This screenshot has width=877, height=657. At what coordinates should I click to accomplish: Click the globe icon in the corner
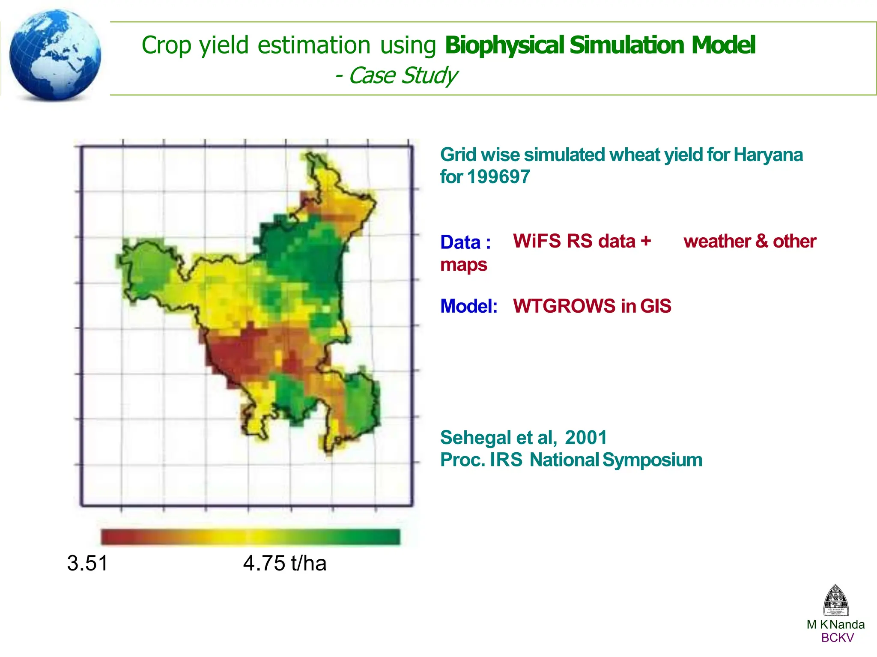55,55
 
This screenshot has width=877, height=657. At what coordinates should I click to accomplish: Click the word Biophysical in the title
504,45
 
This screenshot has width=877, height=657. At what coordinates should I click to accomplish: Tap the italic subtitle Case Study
403,76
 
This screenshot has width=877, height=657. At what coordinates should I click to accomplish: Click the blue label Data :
465,242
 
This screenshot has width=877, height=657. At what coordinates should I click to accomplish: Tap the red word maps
463,265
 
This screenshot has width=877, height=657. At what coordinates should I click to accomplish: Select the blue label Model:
468,306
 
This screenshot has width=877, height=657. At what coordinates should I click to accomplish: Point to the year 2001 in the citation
585,438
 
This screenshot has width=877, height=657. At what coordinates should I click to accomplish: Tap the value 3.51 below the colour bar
87,563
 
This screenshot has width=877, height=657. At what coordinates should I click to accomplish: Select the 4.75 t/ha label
284,563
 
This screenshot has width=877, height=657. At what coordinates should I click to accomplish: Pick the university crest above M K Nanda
835,600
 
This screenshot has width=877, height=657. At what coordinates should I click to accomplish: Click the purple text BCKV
837,638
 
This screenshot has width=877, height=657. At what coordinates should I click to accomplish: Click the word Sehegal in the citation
475,438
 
